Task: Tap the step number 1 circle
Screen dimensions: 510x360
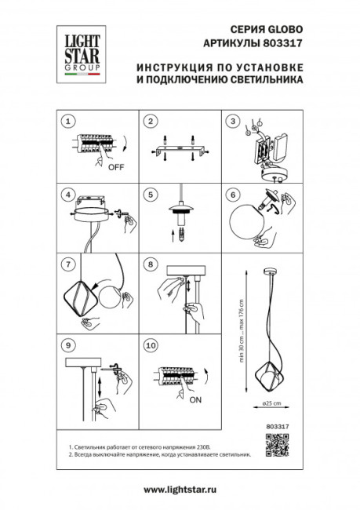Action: (x=69, y=121)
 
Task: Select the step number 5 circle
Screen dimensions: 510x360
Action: (x=149, y=194)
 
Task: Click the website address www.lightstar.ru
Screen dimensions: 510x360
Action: (x=180, y=490)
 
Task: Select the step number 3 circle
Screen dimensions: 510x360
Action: (x=231, y=121)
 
